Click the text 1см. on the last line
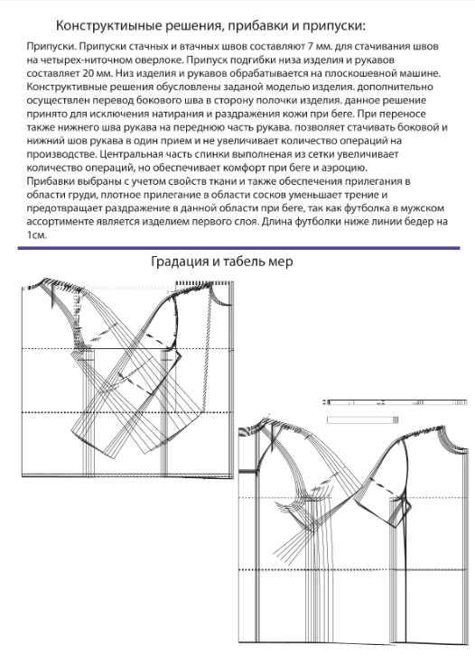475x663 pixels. point(36,235)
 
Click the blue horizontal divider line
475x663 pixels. point(238,248)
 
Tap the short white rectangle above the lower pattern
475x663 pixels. point(363,419)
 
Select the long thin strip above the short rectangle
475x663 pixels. point(396,402)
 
